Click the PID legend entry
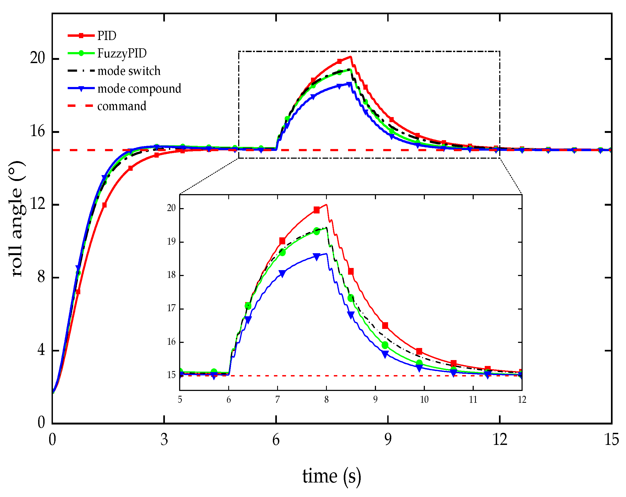pos(107,36)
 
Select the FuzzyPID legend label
pos(122,53)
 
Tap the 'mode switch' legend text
pos(129,71)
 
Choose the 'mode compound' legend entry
pos(139,89)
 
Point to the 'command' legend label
pos(122,106)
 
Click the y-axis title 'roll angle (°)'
pos(17,219)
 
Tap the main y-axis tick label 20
pos(38,58)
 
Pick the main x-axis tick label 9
pos(388,440)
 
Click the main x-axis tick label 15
pos(611,440)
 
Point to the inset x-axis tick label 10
pos(424,400)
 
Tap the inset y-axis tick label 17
pos(172,308)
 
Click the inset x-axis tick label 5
pos(180,400)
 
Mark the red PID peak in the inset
pos(327,205)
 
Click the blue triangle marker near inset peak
pos(316,257)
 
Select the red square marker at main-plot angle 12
pos(104,205)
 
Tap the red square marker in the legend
pos(82,36)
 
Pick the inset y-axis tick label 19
pos(172,242)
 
